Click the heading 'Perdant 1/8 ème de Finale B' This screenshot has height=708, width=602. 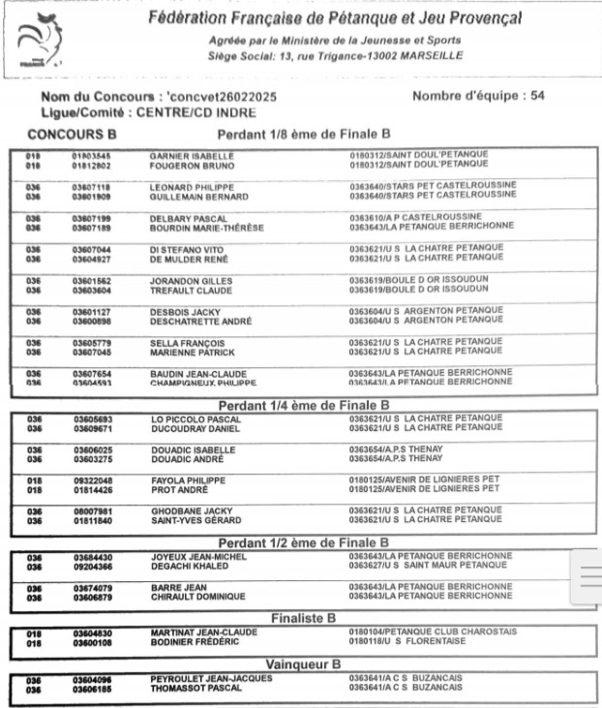304,134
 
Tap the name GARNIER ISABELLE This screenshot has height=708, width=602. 192,154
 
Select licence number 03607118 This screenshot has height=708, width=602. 93,185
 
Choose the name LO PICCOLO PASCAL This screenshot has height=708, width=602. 190,417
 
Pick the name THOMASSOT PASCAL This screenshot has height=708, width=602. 196,689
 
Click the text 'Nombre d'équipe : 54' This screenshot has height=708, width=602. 478,97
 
